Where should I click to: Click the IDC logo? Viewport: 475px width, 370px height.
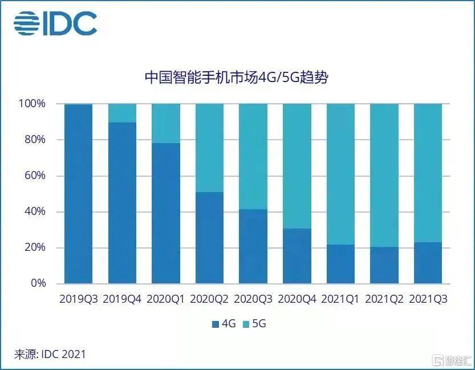point(55,23)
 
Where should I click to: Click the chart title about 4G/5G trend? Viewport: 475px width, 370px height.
point(236,78)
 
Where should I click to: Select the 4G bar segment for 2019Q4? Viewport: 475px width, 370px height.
point(122,202)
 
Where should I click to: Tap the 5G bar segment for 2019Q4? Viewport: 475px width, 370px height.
point(122,113)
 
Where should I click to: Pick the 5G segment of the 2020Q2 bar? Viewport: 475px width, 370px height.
point(209,148)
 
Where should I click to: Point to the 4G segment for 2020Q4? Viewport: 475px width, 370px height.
point(297,256)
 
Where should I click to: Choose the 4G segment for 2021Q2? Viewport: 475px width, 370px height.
point(384,265)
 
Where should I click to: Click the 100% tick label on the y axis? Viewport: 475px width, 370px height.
point(31,104)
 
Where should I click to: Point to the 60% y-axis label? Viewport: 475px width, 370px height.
point(34,176)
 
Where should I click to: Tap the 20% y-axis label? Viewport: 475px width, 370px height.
point(34,247)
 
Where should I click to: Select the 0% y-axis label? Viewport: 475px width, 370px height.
point(36,283)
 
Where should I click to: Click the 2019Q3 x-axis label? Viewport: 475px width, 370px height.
point(79,299)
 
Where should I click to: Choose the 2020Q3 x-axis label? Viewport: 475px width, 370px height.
point(253,299)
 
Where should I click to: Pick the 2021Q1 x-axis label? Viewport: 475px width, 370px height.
point(340,299)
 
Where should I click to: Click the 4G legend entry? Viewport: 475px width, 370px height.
point(224,324)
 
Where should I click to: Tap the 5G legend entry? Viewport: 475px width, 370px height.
point(254,324)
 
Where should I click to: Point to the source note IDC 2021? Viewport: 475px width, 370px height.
point(50,354)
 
